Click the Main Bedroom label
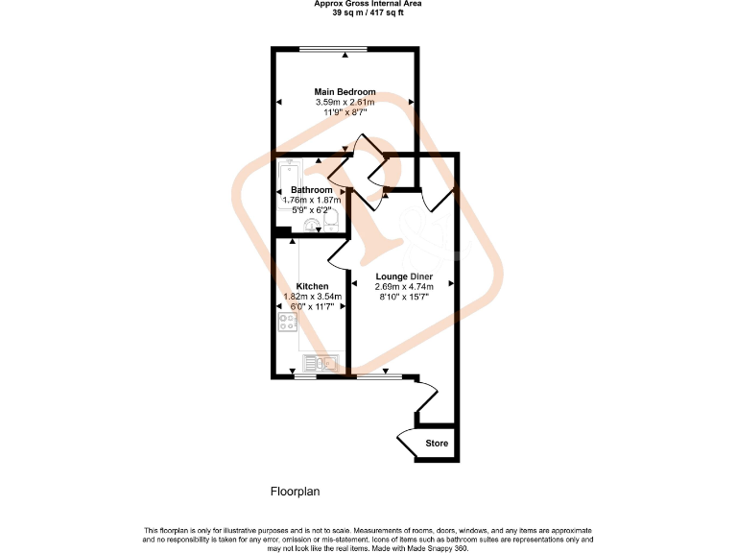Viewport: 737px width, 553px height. [x=345, y=92]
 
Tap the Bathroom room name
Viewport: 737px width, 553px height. [x=312, y=190]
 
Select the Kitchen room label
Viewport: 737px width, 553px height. [x=313, y=287]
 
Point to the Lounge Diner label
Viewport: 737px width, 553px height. [x=404, y=276]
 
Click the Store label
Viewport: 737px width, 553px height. [x=437, y=444]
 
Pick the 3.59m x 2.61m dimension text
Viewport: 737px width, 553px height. [x=345, y=102]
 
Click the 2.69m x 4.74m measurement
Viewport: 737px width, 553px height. [x=404, y=286]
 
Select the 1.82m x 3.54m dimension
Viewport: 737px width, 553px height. [x=313, y=297]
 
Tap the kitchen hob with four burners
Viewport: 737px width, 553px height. [x=288, y=323]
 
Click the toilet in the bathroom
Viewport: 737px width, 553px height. [x=331, y=224]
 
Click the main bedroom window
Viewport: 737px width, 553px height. [x=332, y=50]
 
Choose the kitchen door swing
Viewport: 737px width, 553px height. [x=337, y=254]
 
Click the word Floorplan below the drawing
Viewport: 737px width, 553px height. [x=295, y=492]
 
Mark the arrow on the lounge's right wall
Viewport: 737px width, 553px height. [x=450, y=282]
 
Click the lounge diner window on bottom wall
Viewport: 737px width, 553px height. [x=378, y=377]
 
